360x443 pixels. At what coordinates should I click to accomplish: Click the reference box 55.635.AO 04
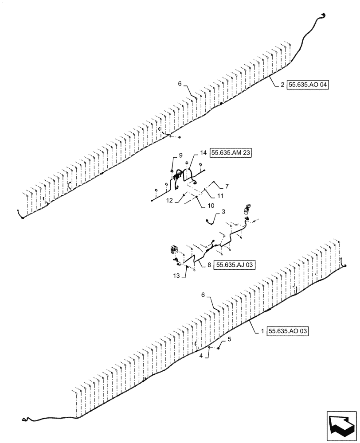pyautogui.click(x=308, y=86)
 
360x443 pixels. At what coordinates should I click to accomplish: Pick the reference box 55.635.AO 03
pyautogui.click(x=288, y=331)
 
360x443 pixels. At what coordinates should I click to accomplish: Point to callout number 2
pyautogui.click(x=282, y=86)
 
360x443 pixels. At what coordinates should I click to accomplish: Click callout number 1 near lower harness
pyautogui.click(x=263, y=331)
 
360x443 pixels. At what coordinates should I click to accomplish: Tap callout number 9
pyautogui.click(x=181, y=155)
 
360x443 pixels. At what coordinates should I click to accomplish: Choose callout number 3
pyautogui.click(x=223, y=212)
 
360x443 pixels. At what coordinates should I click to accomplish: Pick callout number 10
pyautogui.click(x=211, y=206)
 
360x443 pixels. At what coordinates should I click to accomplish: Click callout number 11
pyautogui.click(x=220, y=195)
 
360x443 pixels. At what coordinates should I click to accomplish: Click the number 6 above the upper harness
pyautogui.click(x=180, y=83)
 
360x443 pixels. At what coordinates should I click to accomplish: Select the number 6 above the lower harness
pyautogui.click(x=203, y=295)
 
